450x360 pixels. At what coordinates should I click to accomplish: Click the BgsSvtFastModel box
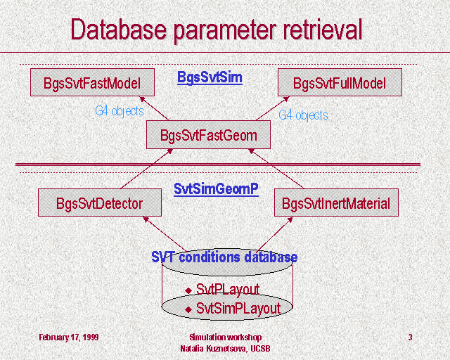click(92, 82)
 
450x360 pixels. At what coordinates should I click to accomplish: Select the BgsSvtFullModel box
click(340, 82)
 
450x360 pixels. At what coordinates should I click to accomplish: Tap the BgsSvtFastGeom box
click(208, 134)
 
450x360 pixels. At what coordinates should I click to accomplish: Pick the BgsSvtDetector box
click(100, 202)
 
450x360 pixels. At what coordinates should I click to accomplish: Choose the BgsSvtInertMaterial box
click(336, 202)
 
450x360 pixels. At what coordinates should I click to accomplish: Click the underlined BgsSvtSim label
click(210, 77)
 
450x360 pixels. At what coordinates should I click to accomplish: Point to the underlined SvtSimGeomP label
click(216, 189)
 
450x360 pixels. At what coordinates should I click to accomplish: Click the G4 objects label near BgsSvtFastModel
click(120, 111)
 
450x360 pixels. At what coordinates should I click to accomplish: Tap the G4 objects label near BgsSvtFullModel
click(303, 115)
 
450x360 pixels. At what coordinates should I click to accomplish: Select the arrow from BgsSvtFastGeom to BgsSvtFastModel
click(155, 108)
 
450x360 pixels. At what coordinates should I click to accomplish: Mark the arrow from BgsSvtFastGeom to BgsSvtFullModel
click(272, 108)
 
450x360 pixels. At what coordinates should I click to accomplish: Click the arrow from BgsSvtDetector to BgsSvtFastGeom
click(146, 169)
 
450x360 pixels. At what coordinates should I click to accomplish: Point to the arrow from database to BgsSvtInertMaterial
click(274, 235)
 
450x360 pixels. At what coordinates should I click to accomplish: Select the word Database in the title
click(119, 29)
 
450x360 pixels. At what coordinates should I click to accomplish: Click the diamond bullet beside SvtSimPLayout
click(188, 309)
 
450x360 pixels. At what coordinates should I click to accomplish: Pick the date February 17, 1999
click(69, 337)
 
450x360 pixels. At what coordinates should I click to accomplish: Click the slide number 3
click(410, 337)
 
